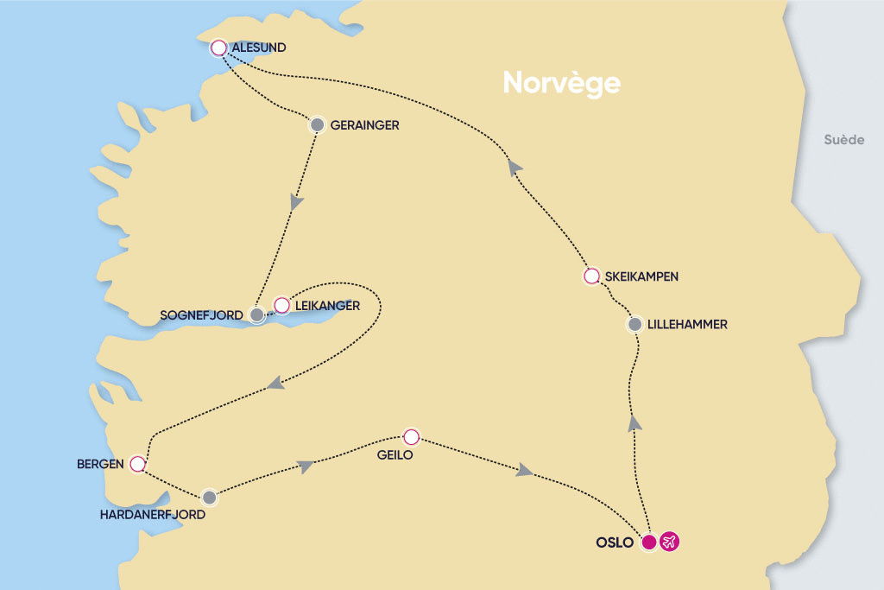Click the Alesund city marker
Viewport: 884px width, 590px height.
[218, 48]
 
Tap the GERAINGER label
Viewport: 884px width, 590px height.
[364, 125]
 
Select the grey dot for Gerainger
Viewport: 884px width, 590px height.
[317, 124]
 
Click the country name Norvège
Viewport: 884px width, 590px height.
[561, 83]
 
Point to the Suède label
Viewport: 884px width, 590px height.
[843, 140]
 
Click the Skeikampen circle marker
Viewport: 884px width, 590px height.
[591, 276]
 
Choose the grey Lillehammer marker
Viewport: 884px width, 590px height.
[635, 325]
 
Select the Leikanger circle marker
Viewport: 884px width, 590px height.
[281, 305]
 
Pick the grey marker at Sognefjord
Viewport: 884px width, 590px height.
[256, 315]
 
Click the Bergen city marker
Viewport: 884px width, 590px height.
[136, 465]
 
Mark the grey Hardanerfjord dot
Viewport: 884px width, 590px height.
[209, 498]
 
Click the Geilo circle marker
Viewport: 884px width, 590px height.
[411, 436]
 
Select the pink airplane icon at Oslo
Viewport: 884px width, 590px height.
[668, 542]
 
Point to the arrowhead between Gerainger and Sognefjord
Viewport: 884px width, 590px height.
[297, 202]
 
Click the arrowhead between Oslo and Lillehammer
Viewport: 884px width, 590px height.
[635, 422]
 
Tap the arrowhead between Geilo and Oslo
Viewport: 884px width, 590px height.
[523, 471]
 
